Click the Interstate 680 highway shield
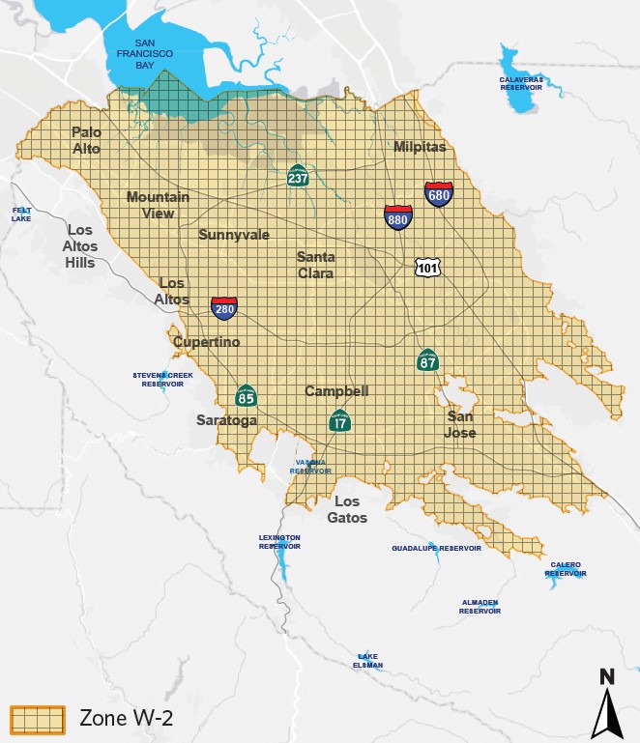(x=439, y=195)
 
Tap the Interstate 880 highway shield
(x=397, y=217)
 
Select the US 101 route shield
(x=428, y=267)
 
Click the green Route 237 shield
(x=299, y=176)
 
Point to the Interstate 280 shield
(x=224, y=308)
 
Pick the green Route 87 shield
(x=428, y=360)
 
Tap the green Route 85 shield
(x=247, y=395)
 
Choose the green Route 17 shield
(x=339, y=420)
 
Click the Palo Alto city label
(x=86, y=140)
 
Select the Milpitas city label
(x=420, y=147)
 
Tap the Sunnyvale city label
(x=234, y=235)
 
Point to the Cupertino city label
(x=206, y=342)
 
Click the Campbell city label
(x=337, y=391)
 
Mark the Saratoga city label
(x=226, y=420)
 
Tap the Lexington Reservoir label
(x=279, y=541)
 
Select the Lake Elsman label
(x=368, y=661)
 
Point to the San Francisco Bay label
(x=153, y=54)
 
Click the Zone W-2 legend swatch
(x=37, y=718)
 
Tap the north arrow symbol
(x=606, y=702)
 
